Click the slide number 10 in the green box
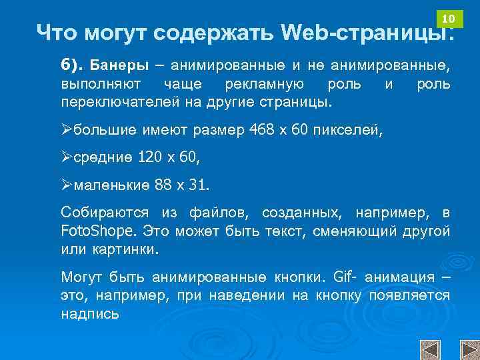(449, 17)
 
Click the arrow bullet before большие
(66, 129)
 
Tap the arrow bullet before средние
(66, 158)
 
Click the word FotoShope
(98, 231)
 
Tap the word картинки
(126, 249)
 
